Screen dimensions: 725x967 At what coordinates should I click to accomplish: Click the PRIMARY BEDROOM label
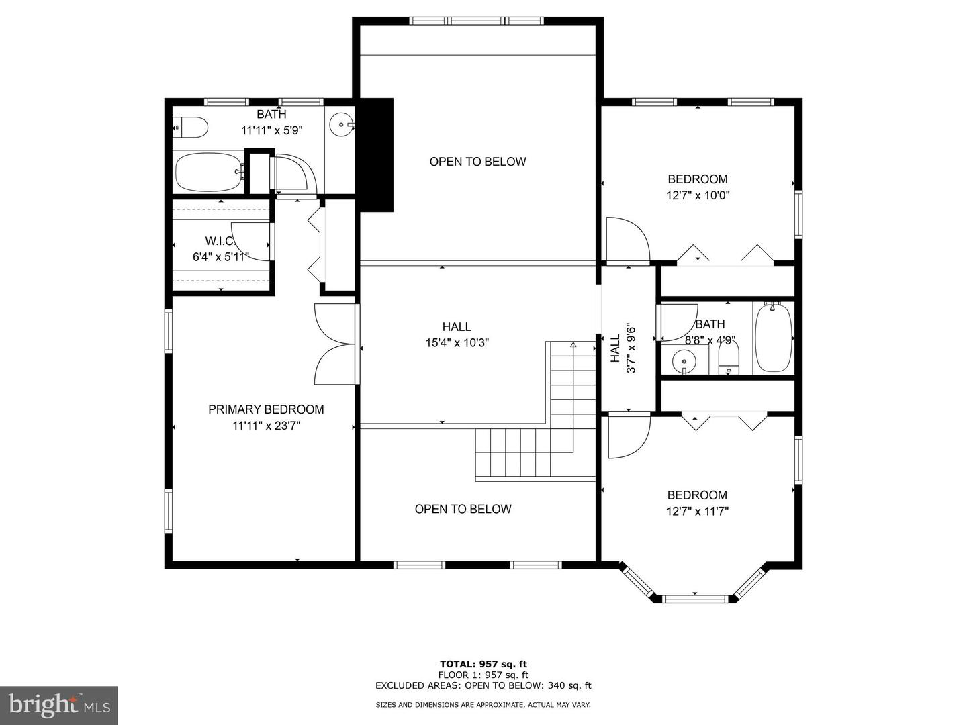click(x=266, y=409)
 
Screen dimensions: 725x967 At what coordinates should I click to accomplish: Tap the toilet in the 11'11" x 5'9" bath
click(x=191, y=127)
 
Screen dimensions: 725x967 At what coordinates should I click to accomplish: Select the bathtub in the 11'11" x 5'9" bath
click(x=209, y=173)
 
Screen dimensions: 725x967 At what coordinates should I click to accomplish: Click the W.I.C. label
click(x=220, y=241)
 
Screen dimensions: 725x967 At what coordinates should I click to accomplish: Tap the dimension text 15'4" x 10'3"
click(x=457, y=343)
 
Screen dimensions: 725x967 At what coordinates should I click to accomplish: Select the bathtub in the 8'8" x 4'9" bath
click(x=774, y=338)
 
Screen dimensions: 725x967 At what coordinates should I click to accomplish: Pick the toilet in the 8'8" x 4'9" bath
click(x=729, y=359)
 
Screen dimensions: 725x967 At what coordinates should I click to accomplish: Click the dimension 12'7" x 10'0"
click(x=698, y=196)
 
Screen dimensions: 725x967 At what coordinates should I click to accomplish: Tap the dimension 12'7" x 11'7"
click(x=697, y=512)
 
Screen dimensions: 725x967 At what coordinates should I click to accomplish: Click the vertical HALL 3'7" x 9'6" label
click(x=623, y=349)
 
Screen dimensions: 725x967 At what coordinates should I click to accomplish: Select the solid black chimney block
click(x=376, y=155)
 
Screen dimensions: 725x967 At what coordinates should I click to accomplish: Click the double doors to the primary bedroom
click(x=336, y=344)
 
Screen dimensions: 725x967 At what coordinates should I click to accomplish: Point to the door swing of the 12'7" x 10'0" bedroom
click(x=626, y=240)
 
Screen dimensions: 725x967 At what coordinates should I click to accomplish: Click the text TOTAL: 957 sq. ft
click(x=483, y=664)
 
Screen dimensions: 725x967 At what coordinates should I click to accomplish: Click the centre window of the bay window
click(x=694, y=598)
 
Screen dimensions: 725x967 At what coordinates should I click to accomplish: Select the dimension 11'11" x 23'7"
click(x=266, y=426)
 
